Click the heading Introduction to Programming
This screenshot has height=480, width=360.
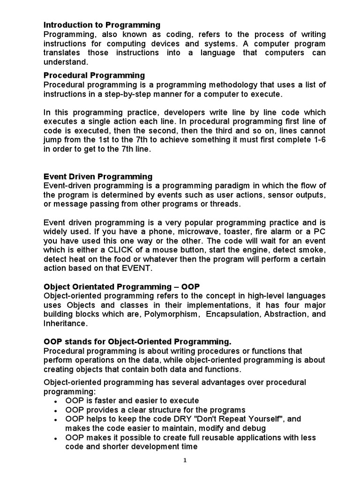click(x=102, y=25)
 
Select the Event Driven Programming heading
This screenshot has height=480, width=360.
click(x=98, y=177)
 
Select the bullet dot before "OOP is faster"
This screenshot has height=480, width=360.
click(x=56, y=402)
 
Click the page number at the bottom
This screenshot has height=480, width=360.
click(x=185, y=460)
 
